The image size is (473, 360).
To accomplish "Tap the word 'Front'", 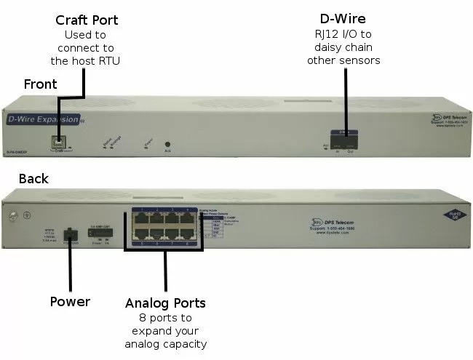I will click(41, 84).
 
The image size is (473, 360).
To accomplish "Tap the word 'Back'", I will click(34, 179).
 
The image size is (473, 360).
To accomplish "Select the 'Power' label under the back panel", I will click(70, 301).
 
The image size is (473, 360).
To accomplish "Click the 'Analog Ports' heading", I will click(164, 303).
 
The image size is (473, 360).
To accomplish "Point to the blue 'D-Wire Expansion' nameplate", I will click(42, 119).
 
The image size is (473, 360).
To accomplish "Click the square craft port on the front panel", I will click(57, 142).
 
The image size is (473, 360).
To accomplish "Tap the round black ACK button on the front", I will click(168, 145).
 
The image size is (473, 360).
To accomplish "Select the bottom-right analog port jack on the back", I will click(188, 237).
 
